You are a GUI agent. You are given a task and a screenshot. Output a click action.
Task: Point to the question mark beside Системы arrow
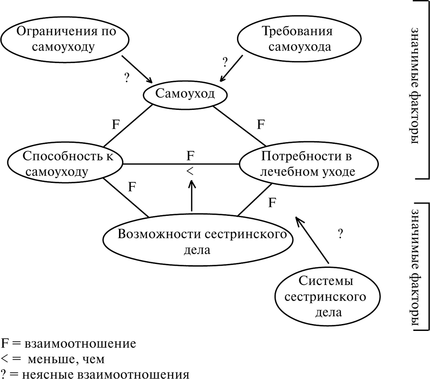pyautogui.click(x=340, y=234)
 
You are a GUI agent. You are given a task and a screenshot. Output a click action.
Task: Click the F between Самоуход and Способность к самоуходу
pyautogui.click(x=116, y=125)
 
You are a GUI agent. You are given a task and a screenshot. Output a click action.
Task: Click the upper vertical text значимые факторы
pyautogui.click(x=416, y=86)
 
